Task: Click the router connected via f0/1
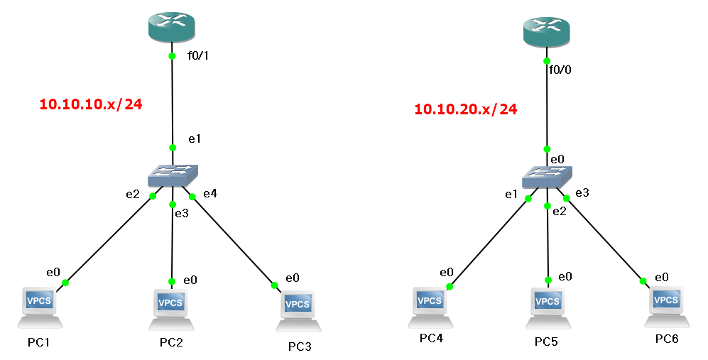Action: [171, 26]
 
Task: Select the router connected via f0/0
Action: [546, 31]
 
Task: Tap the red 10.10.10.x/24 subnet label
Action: [91, 104]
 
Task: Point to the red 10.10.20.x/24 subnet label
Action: [465, 109]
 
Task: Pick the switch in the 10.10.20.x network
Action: [547, 177]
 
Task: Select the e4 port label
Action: [210, 193]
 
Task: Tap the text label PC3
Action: [300, 347]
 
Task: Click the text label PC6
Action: [667, 339]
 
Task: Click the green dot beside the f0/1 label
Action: [172, 56]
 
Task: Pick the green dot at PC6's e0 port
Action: [643, 280]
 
